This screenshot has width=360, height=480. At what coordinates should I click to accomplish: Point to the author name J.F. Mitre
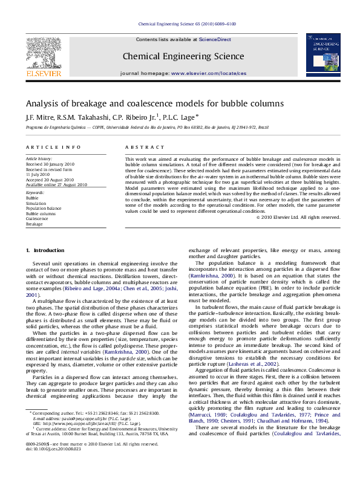tap(38, 118)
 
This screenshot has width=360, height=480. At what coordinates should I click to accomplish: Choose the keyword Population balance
tap(43, 209)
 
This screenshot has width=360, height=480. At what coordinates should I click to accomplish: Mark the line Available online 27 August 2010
tap(56, 184)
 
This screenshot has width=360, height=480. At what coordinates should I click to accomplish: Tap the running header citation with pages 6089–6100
tap(188, 25)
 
